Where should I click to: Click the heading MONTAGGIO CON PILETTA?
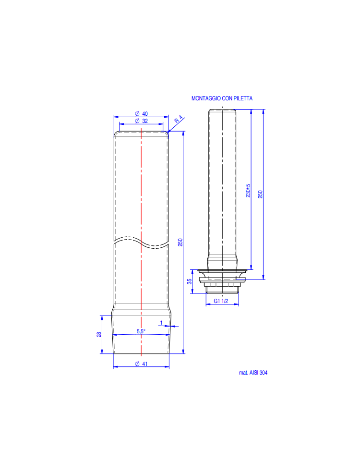[222, 98]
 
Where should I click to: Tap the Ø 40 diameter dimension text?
[142, 114]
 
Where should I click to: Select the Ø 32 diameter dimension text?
[142, 121]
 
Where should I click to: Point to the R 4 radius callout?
[179, 119]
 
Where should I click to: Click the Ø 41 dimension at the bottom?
[142, 364]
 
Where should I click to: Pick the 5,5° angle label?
[141, 331]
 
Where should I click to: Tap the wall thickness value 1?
[161, 323]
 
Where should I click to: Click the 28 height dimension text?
[99, 334]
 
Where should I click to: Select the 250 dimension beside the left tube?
[180, 242]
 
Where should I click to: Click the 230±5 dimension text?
[248, 191]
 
